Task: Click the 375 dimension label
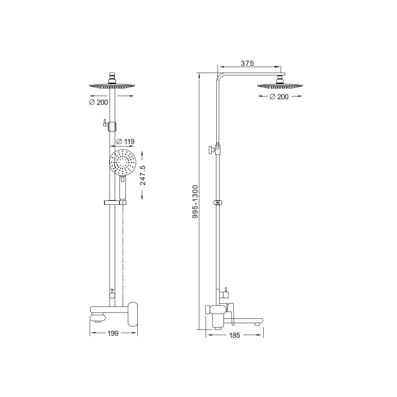click(247, 63)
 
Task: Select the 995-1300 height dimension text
click(195, 202)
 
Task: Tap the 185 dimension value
click(235, 335)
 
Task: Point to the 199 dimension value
click(113, 333)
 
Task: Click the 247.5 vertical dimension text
click(143, 175)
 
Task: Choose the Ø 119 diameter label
click(125, 142)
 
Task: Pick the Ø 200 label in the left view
click(98, 102)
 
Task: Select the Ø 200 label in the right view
click(279, 97)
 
